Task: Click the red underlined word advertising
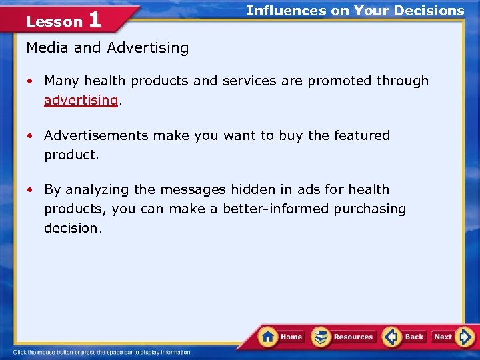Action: click(81, 100)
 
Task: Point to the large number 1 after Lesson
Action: click(95, 19)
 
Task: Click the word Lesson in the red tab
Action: click(54, 22)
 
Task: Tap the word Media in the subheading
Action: click(45, 48)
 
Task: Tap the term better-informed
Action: click(276, 209)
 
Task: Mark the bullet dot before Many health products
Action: click(31, 81)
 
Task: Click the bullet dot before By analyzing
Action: click(31, 190)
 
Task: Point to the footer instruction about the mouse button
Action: click(102, 353)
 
